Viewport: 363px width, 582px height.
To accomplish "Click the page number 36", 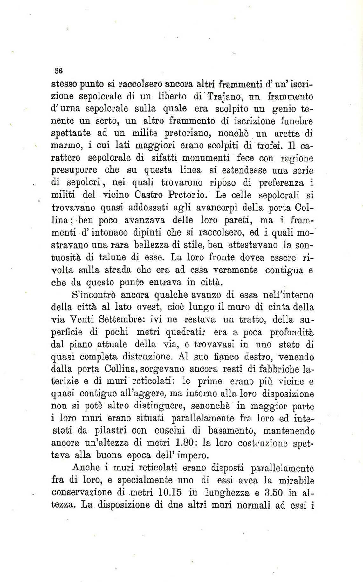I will point(58,70).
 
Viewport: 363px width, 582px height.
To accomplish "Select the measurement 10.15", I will point(169,493).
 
